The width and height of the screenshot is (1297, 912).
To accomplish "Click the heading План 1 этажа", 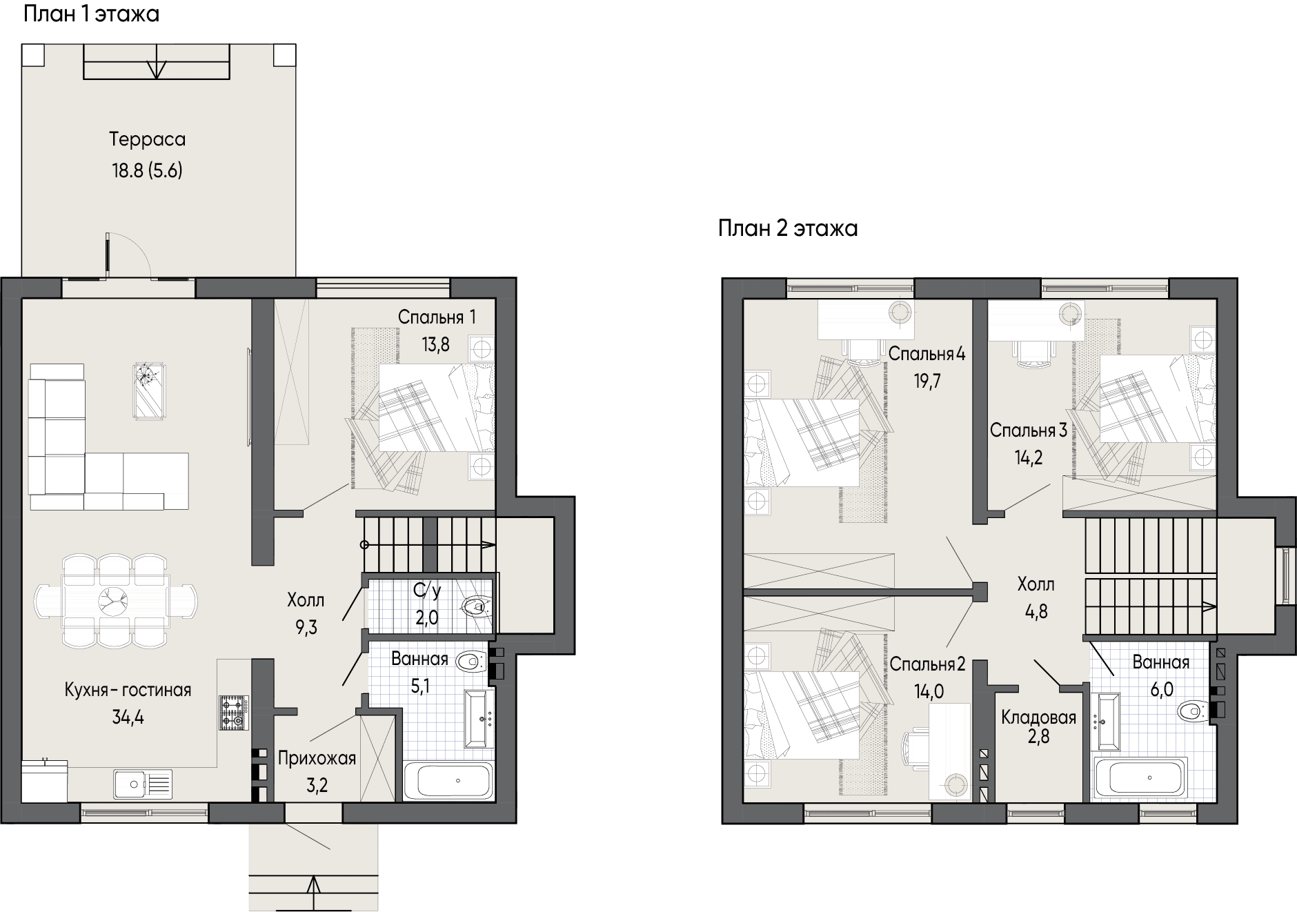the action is pos(92,13).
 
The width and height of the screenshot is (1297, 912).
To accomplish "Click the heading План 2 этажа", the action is pos(788,228).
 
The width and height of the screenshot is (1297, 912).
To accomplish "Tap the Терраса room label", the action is pos(148,139).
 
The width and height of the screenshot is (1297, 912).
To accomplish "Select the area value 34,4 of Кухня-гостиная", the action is pos(128,717).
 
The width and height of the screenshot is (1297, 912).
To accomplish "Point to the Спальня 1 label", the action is pos(437,317).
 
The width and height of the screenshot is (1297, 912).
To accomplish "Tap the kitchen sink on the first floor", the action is pos(143,784).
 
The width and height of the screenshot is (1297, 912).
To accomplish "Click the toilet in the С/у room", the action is pos(476,606).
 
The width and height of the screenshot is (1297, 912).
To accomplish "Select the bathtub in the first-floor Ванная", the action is pos(448,780).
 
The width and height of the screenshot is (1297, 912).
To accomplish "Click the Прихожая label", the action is pos(317,759).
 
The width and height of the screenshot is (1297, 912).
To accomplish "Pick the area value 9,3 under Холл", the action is pos(306,628).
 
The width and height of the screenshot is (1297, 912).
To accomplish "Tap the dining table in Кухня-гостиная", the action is pos(115,600).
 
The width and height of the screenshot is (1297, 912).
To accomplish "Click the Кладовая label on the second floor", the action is pos(1038,718).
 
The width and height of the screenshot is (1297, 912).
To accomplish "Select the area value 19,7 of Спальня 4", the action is pos(927,381).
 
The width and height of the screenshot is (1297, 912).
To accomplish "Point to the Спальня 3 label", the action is pos(1028,430).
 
